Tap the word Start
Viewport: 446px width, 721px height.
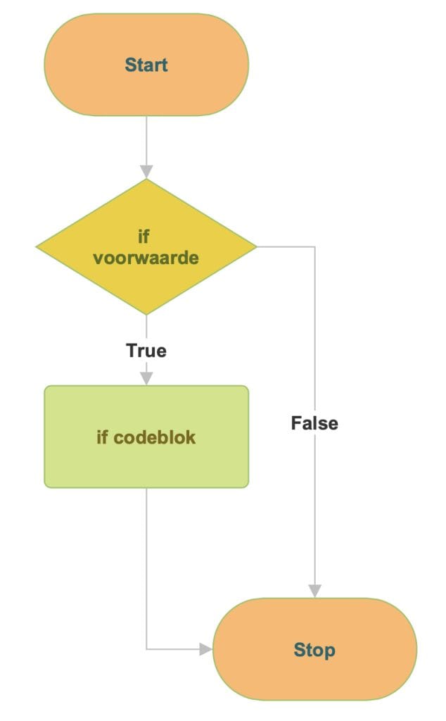[x=146, y=65]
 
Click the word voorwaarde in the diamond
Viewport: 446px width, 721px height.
[x=146, y=258]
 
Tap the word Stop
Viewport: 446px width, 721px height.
[x=314, y=650]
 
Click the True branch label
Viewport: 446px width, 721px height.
[x=146, y=350]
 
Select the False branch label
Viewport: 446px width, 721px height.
[x=314, y=423]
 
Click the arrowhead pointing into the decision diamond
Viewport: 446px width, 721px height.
[x=146, y=171]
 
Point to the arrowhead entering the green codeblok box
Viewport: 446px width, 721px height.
[x=146, y=378]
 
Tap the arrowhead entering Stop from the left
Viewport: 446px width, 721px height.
[x=205, y=649]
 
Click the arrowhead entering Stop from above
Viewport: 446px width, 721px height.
[x=314, y=590]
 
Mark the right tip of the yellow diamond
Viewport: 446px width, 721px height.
[x=255, y=247]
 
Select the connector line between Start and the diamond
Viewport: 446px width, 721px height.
[x=146, y=141]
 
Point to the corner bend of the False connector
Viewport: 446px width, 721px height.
[x=314, y=247]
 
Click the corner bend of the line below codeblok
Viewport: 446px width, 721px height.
[x=146, y=649]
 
